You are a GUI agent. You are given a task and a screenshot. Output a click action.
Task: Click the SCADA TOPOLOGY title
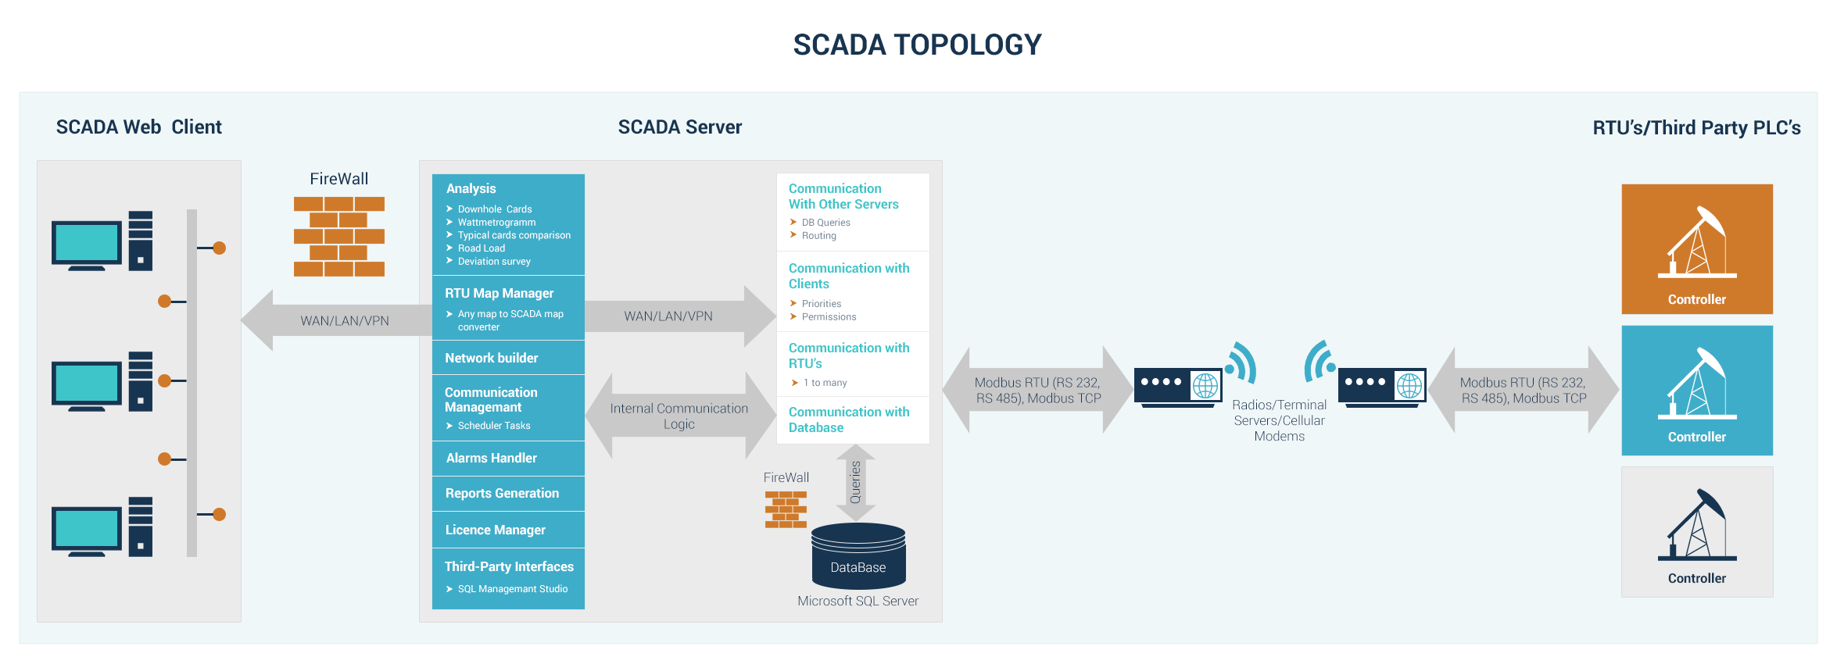pos(917,45)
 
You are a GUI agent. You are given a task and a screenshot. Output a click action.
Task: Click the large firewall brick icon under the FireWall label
pos(338,237)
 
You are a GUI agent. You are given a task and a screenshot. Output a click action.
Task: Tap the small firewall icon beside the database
pos(786,509)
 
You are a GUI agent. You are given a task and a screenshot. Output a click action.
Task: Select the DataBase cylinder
pos(858,556)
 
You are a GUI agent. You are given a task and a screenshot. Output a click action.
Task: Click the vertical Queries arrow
pos(855,482)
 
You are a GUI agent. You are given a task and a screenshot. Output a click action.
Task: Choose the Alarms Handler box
pos(508,459)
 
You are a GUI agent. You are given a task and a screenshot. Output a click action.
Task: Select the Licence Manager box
pos(508,530)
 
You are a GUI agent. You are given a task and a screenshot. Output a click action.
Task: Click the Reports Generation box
pos(508,494)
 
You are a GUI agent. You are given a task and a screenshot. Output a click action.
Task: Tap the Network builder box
pos(508,358)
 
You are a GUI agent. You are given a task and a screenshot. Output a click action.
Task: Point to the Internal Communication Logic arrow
pos(679,416)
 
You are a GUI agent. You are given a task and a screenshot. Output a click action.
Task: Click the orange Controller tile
pos(1696,248)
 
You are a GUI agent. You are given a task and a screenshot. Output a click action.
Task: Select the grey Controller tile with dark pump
pos(1696,532)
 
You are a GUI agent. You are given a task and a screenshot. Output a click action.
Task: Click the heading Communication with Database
pos(848,419)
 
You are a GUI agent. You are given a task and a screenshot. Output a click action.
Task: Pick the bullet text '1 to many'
pos(824,383)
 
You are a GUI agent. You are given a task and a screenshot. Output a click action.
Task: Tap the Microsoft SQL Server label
pos(858,601)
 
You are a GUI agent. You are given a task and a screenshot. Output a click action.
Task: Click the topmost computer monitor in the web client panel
pos(87,243)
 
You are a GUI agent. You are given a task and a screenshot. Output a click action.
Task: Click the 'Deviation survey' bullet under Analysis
pos(493,262)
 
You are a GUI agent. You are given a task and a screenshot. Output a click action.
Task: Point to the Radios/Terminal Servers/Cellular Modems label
pos(1279,420)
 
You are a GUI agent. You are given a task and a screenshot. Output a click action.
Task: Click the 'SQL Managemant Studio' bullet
pos(512,589)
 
